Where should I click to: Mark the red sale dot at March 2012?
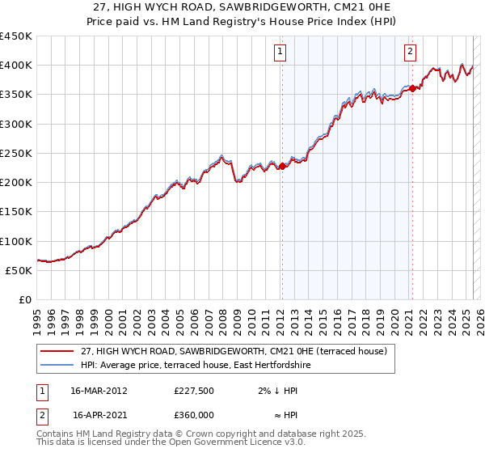(x=282, y=167)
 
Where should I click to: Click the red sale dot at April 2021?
(x=412, y=88)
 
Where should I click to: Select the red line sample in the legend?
(x=57, y=351)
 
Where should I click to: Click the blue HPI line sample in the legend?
(x=57, y=366)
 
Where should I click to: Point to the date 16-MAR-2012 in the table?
(x=99, y=391)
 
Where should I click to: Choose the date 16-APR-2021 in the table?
(x=99, y=414)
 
